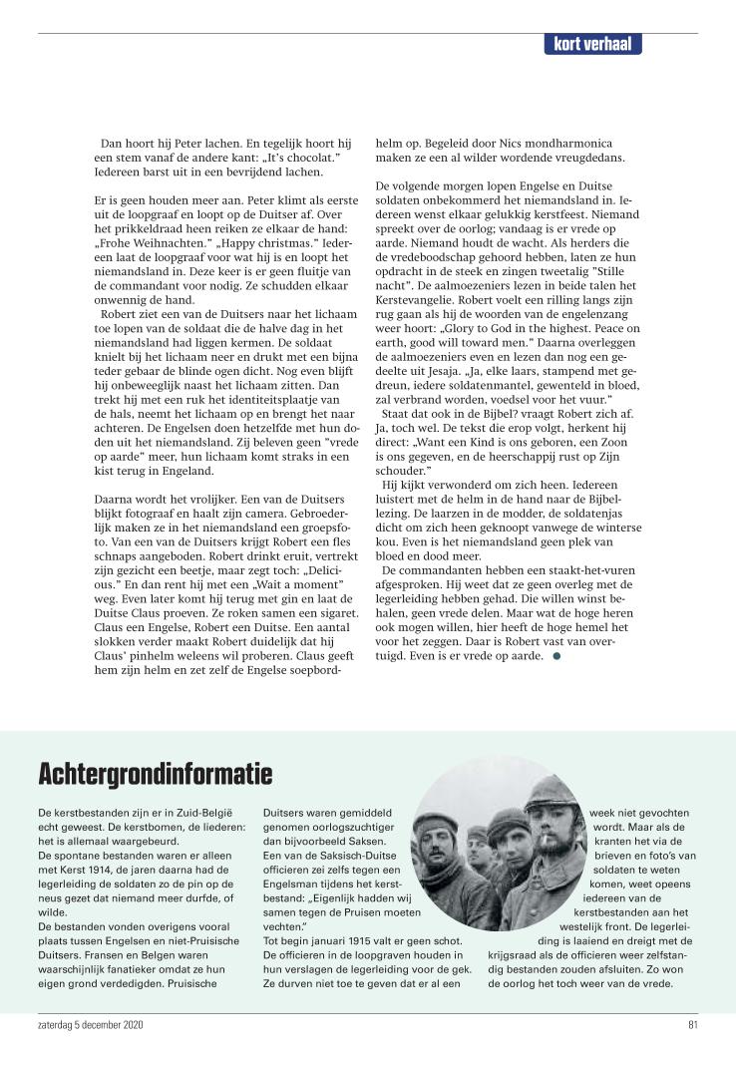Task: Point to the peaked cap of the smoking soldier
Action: coord(552,792)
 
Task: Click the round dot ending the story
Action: coord(557,656)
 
